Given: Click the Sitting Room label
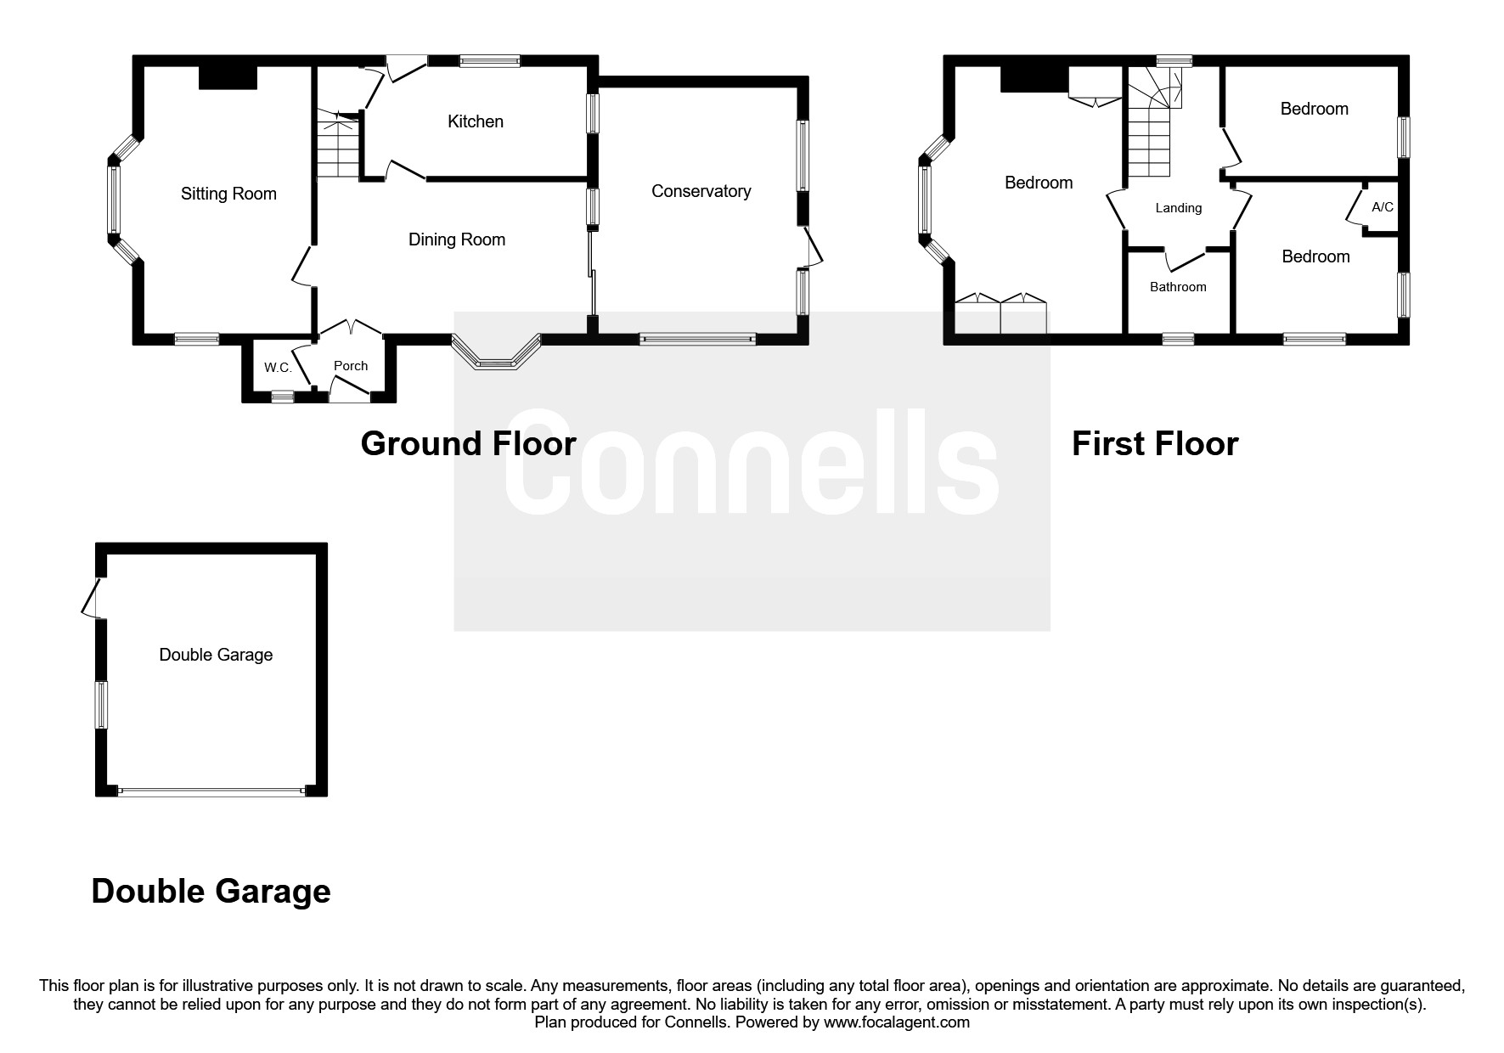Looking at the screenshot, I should pos(228,194).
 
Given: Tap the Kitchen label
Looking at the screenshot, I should pos(476,121).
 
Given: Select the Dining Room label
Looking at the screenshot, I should pos(457,239).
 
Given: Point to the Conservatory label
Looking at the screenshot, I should pos(701,191).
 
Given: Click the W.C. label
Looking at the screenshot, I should pos(278,368).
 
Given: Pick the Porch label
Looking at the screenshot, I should pos(351,365).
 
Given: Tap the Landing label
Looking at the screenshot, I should pos(1179,208).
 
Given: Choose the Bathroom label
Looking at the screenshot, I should pos(1178,287).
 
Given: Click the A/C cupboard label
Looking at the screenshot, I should pos(1383,206).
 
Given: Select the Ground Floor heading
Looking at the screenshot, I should pos(468,443).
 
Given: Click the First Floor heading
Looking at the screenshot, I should pos(1155,443).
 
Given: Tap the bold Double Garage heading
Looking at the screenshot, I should pos(211,891).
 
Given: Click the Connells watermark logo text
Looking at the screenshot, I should pos(752,463).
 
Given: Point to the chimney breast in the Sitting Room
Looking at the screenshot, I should pos(228,77).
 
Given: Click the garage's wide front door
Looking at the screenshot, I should pos(211,791).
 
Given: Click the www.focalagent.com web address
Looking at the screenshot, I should pos(897,1022).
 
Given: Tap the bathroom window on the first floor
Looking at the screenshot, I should pos(1178,339).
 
